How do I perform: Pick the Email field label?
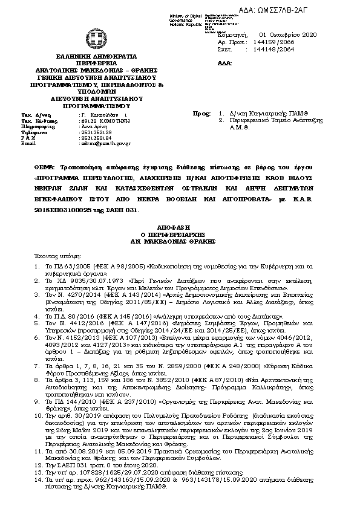tap(29, 143)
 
